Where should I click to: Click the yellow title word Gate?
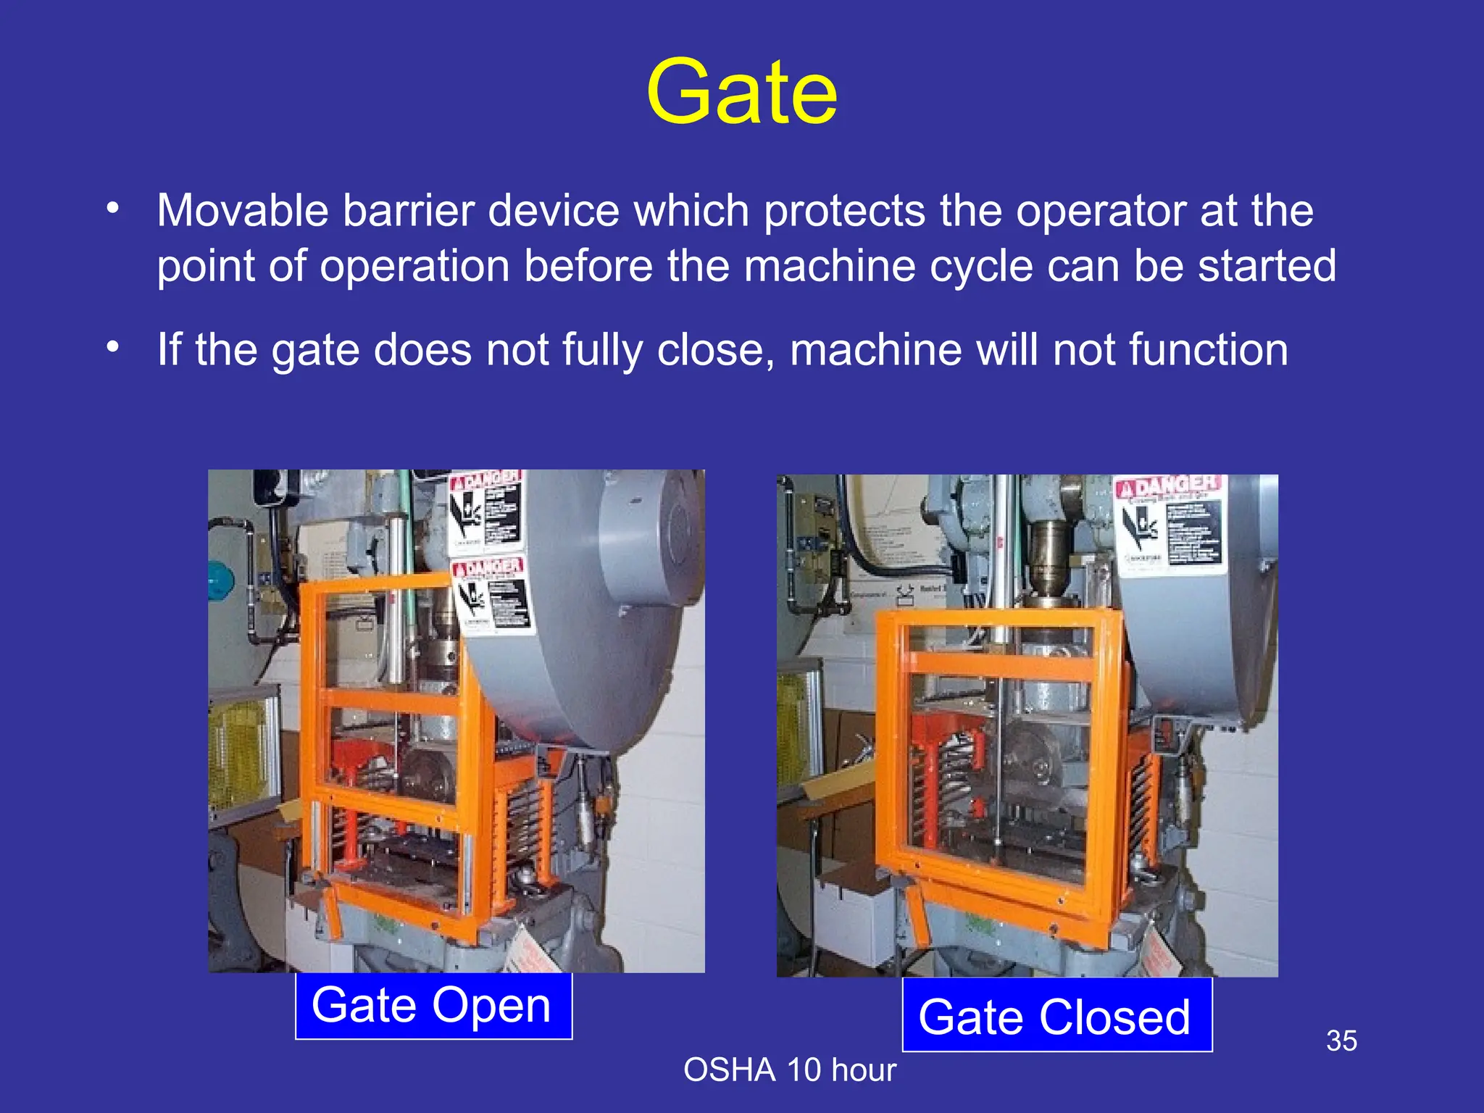pos(741,93)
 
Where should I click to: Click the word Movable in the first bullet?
pos(243,211)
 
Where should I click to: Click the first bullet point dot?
pos(112,209)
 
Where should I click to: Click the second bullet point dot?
pos(112,347)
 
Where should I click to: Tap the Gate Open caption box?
pos(433,1006)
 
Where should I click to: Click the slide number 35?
pos(1341,1041)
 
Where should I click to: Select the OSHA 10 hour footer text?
pos(790,1070)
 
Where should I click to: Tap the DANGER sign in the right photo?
pos(1169,525)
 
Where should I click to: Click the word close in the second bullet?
pos(710,350)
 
